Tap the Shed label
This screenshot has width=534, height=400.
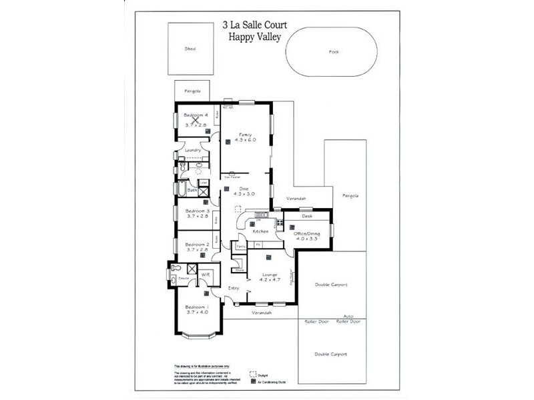click(x=190, y=49)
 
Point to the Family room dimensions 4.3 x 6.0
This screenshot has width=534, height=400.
click(x=245, y=140)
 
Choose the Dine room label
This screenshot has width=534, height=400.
click(x=244, y=189)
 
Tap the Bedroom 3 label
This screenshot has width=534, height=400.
click(x=196, y=210)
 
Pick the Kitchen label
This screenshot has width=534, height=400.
click(x=260, y=231)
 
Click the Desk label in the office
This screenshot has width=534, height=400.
click(x=307, y=216)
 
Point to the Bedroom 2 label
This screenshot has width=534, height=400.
click(x=197, y=245)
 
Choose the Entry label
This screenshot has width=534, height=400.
click(x=234, y=288)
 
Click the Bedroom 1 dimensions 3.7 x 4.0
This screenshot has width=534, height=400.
click(x=197, y=312)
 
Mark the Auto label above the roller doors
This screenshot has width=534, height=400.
click(x=348, y=316)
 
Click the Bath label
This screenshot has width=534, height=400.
click(x=192, y=191)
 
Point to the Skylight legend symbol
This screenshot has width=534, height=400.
click(x=253, y=375)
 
